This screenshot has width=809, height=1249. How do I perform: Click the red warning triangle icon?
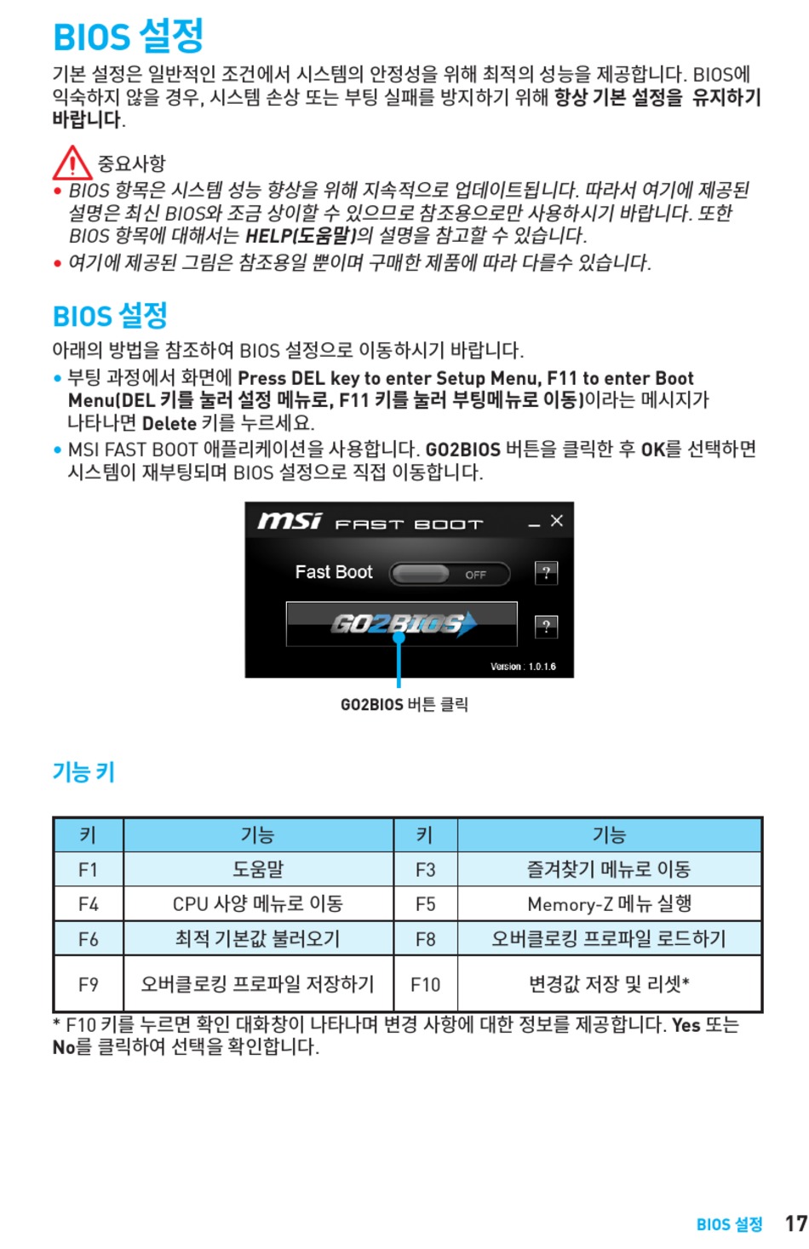point(72,162)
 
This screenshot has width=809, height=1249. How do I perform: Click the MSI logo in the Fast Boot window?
point(290,521)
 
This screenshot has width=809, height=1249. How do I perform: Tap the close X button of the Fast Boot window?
point(557,520)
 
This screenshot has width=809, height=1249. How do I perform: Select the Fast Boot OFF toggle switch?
point(450,574)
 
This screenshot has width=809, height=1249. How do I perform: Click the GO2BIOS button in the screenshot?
point(401,624)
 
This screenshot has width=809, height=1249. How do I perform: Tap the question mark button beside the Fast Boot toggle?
point(546,573)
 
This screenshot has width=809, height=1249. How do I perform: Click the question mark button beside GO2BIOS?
point(546,627)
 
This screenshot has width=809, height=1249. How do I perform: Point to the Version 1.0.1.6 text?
point(523,667)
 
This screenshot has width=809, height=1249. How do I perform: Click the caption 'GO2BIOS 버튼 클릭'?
point(404,704)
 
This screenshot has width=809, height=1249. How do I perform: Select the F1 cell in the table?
point(89,869)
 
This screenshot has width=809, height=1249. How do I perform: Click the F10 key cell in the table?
point(425,984)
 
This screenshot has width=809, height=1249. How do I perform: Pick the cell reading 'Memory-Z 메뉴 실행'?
point(609,903)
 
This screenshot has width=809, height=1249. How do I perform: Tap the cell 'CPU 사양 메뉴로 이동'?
point(258,903)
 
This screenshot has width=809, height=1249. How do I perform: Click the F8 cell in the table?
point(425,939)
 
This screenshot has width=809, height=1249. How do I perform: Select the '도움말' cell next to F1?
point(258,869)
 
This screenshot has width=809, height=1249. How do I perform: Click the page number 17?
point(795,1223)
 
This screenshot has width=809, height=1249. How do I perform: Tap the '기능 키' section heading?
point(83,772)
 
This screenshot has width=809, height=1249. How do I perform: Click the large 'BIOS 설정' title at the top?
point(129,36)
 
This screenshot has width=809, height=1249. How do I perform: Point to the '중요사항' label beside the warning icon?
point(131,163)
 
